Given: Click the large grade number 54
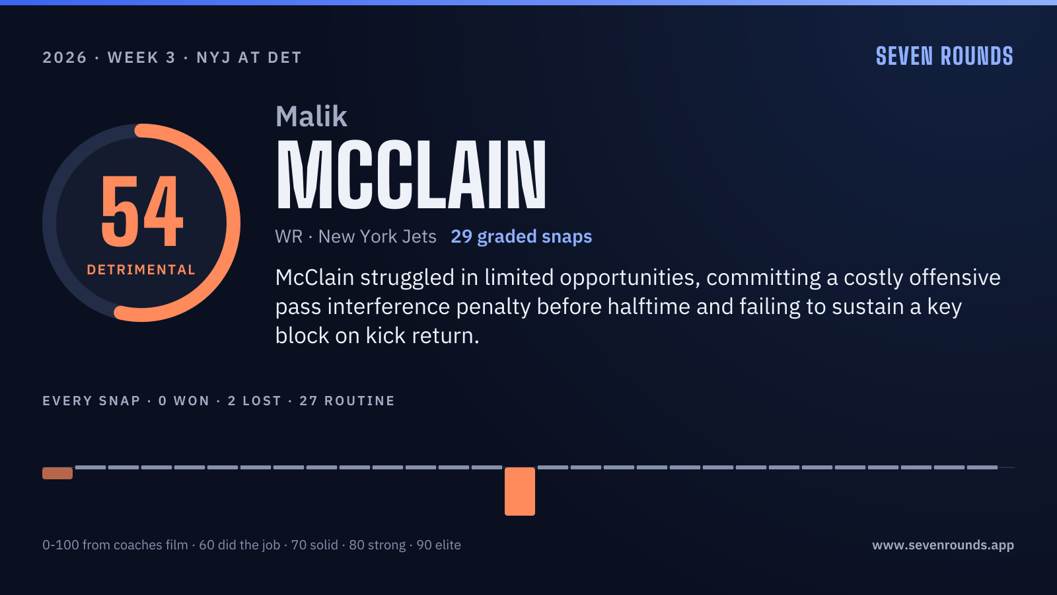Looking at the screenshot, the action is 142,211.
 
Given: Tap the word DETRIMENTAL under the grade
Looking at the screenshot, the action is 141,270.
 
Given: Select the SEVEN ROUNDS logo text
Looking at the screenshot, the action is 945,57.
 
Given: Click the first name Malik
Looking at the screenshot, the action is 311,116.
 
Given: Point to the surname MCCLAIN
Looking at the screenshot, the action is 411,175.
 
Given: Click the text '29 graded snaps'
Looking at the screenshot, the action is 521,237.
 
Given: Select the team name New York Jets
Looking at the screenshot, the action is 377,237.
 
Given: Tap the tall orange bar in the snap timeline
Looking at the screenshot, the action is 520,491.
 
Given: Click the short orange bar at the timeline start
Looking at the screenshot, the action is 57,473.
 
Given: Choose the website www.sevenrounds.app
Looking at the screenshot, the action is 943,545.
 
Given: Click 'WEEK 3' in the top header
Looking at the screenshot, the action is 141,58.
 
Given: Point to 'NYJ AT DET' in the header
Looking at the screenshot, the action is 249,58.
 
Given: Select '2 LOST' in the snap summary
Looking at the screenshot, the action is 255,401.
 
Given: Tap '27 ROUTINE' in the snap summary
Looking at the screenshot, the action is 347,401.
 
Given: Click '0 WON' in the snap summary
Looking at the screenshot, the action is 184,401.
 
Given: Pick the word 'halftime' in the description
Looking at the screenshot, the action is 649,307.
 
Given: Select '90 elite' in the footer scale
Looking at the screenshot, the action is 439,545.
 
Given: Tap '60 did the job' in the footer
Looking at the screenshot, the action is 240,545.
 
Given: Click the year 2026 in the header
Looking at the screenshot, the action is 65,58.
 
